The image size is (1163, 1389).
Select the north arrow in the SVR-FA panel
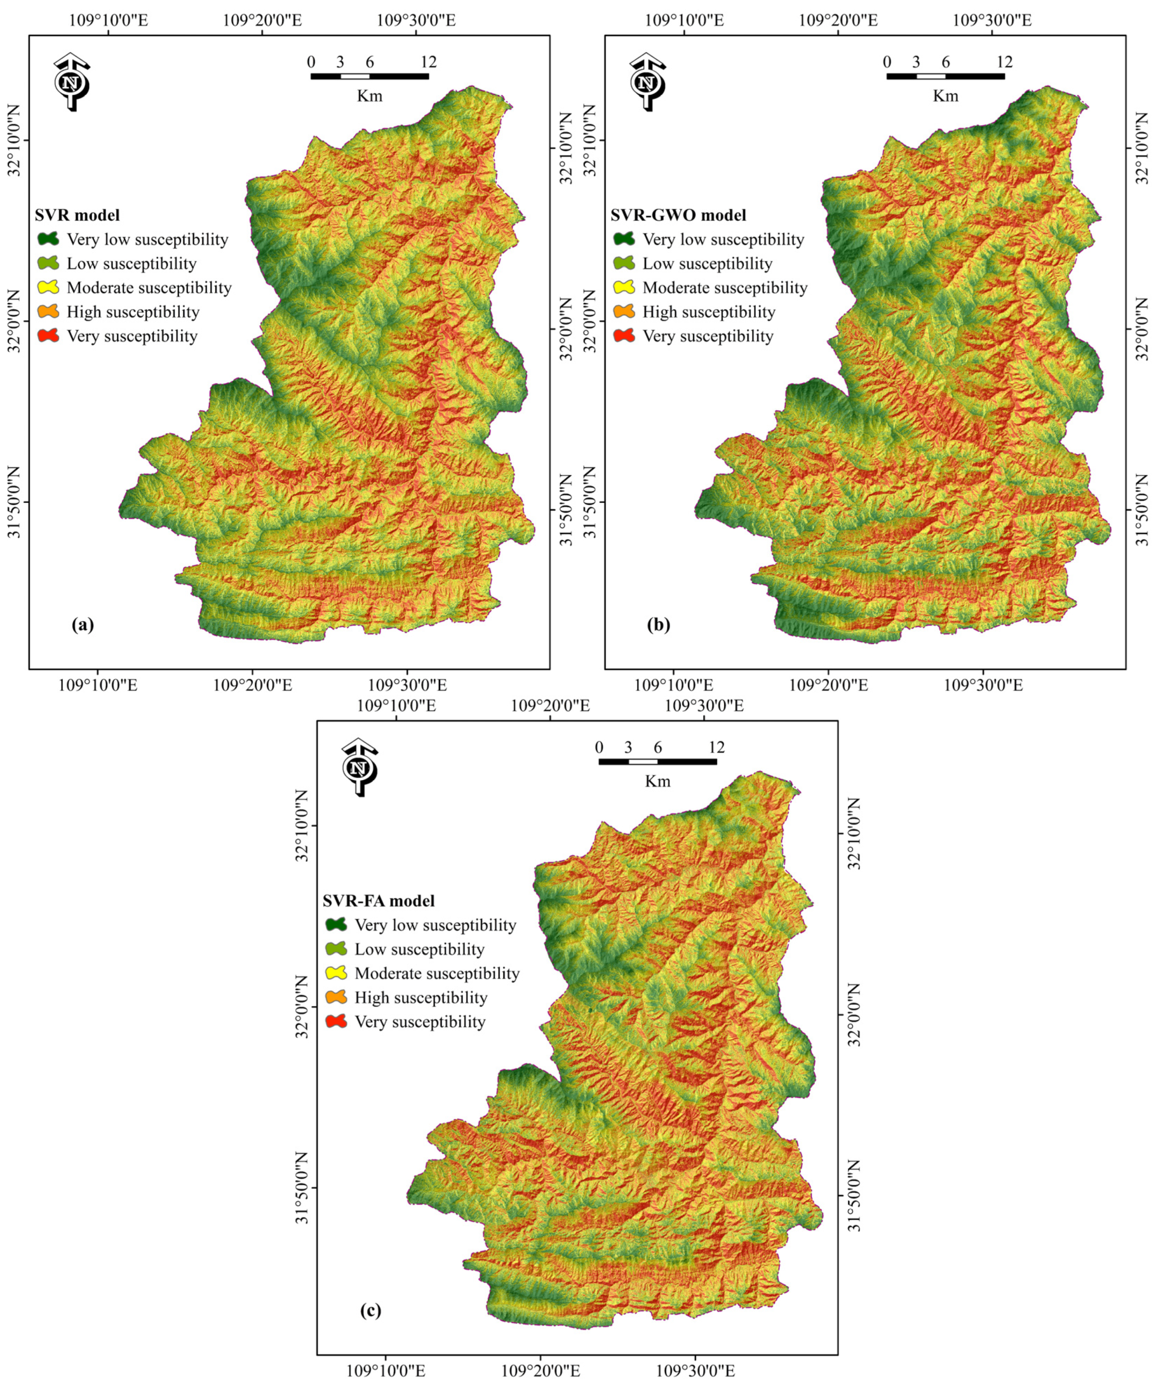[x=359, y=767]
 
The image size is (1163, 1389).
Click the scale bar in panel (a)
[x=369, y=76]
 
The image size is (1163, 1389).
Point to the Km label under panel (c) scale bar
[x=657, y=781]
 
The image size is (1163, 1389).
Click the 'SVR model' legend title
[x=78, y=215]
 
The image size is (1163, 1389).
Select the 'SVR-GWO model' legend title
[x=678, y=215]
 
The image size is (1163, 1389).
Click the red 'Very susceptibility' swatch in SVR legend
[x=48, y=336]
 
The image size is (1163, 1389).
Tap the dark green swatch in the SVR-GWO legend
[x=624, y=239]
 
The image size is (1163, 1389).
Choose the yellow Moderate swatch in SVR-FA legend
[x=336, y=973]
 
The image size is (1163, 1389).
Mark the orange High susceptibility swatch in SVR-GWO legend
[x=624, y=311]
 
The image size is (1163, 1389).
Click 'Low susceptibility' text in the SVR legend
[x=131, y=264]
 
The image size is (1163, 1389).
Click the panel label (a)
[x=83, y=624]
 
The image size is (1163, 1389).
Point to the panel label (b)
[x=658, y=624]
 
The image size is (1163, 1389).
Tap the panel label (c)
[x=371, y=1310]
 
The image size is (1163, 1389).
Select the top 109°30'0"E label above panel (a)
[x=416, y=20]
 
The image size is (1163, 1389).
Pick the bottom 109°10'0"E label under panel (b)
[x=674, y=684]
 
